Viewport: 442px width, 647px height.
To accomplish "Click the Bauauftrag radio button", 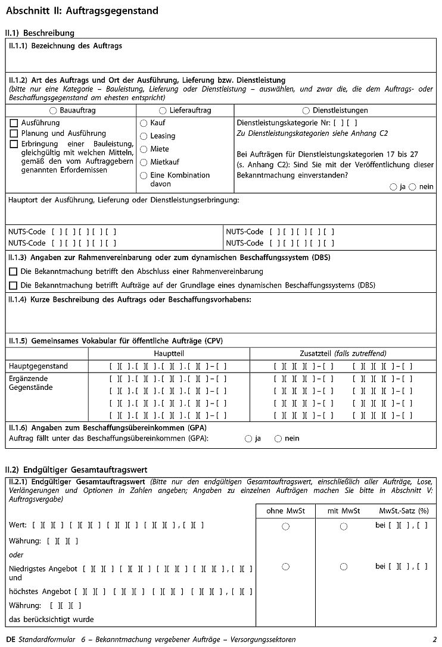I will (x=53, y=111).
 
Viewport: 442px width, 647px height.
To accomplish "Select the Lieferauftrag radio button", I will (x=163, y=111).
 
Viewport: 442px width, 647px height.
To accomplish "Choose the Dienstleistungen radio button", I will (x=306, y=111).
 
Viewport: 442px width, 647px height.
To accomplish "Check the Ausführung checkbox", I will (x=14, y=123).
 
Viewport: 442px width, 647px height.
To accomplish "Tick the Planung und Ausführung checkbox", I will (x=14, y=133).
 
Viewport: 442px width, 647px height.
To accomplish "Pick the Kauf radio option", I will (x=144, y=123).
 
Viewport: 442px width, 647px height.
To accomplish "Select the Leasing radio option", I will (x=144, y=136).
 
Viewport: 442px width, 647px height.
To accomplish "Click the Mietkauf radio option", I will (x=144, y=162).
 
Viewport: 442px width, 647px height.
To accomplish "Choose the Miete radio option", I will (x=144, y=149).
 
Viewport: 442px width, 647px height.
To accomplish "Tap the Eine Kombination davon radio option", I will (x=144, y=176).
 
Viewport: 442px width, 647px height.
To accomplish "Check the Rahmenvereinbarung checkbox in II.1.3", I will (x=14, y=271).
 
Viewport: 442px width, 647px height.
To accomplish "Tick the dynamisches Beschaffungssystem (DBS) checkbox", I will (x=14, y=285).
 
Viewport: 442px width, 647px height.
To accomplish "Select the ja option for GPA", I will (x=248, y=439).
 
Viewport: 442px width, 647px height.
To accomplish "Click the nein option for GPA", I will (x=278, y=439).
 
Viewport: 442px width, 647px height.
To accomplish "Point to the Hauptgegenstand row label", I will (x=38, y=366).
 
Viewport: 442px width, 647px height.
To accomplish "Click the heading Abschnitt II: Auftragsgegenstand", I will (x=82, y=11).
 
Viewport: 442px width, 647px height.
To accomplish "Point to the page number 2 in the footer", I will (x=434, y=639).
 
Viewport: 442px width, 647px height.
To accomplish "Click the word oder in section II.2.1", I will (x=17, y=555).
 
